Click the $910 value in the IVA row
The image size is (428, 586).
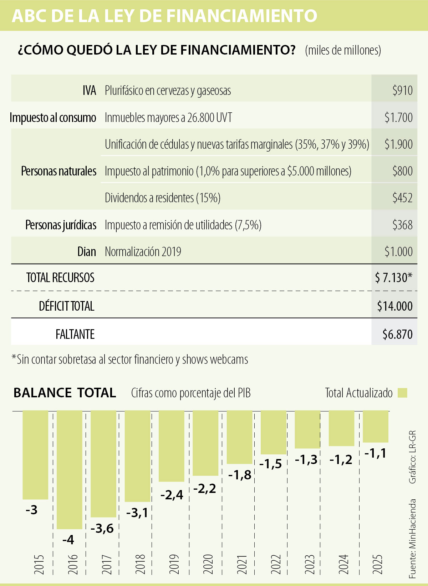[402, 91]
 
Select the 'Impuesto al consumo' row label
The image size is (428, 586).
[53, 118]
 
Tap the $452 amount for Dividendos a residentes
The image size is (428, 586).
[402, 198]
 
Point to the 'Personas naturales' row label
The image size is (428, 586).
[58, 171]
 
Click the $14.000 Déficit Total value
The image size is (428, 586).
[395, 306]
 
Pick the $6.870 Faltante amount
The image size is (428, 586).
[397, 335]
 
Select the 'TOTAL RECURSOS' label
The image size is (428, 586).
[60, 278]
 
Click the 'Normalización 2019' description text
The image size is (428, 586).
[143, 252]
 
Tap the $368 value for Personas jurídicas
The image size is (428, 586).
[402, 225]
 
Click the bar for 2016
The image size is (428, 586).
[70, 469]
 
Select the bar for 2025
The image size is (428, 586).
[376, 426]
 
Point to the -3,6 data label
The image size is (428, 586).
[102, 528]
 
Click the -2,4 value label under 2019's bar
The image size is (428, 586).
[172, 495]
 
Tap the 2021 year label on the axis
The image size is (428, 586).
[242, 564]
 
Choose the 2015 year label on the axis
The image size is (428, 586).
[39, 564]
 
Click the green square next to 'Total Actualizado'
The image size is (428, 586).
[402, 393]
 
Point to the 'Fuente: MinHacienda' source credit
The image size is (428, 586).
[413, 539]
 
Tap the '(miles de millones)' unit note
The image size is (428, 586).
[343, 50]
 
